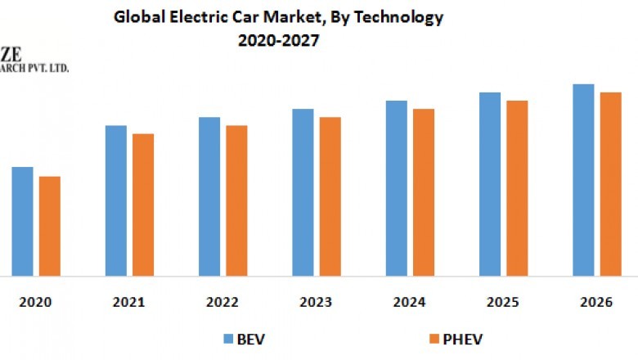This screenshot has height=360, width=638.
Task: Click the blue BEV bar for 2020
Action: coord(22,221)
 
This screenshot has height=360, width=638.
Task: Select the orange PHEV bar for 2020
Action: coord(50,226)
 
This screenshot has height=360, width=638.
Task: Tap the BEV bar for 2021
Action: coord(116,200)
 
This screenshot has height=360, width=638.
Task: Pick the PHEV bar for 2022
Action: coord(236,200)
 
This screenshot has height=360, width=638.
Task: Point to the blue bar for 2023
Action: coord(303,192)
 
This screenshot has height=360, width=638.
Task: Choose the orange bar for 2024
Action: coord(424,192)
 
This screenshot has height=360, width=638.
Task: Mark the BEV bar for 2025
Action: coord(490,184)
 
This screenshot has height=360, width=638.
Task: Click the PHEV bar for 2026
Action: coord(611,184)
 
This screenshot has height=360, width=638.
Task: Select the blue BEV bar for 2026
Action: coord(583,180)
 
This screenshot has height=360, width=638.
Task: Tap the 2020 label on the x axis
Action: coord(36,303)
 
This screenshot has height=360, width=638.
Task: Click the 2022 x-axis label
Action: coord(222,303)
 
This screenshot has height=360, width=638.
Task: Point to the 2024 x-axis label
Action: coord(409,303)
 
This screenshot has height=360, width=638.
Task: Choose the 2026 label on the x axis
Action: coord(596,303)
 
